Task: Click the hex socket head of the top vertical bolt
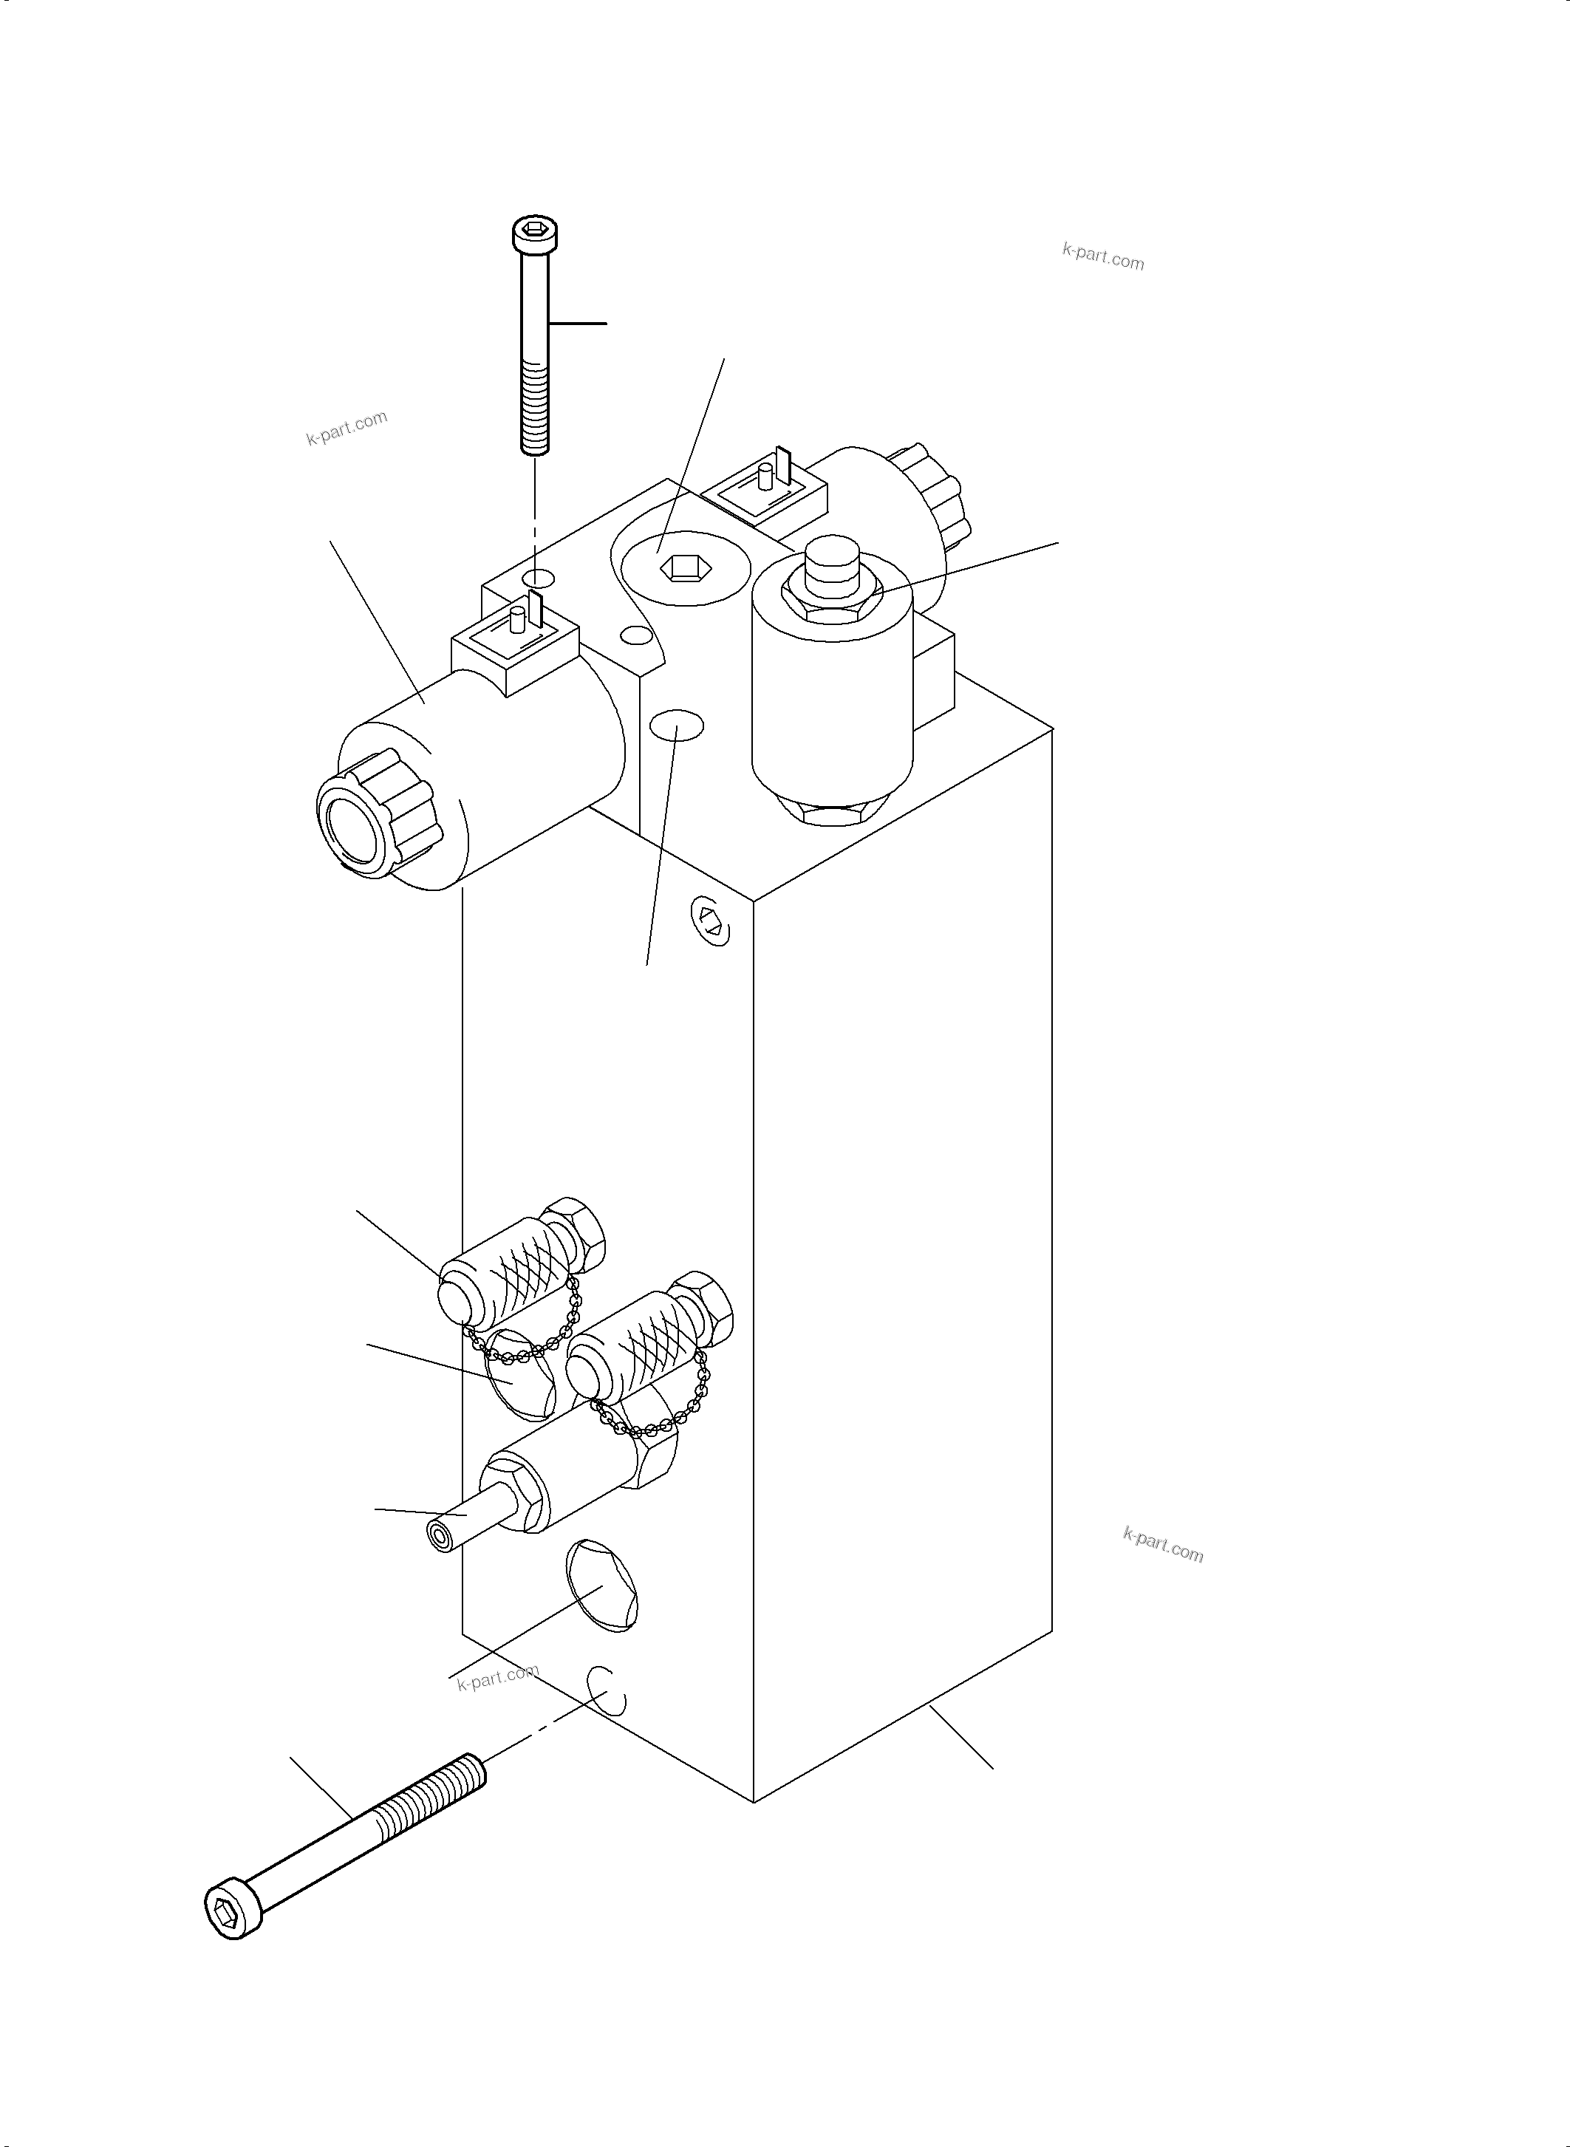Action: tap(535, 231)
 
